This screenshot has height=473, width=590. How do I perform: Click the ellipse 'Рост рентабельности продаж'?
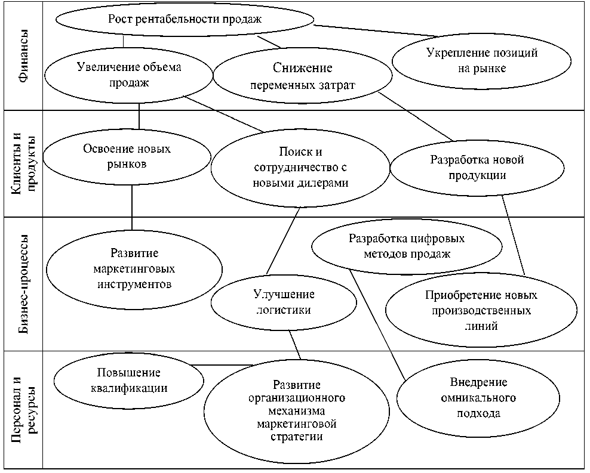(185, 19)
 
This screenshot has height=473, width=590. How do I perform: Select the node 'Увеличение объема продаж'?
(129, 75)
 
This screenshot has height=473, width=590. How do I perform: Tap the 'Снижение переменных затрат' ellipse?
(302, 76)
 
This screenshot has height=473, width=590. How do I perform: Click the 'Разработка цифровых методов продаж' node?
(406, 246)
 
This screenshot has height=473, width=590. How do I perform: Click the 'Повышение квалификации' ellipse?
(128, 380)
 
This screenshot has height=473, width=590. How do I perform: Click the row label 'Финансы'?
(23, 55)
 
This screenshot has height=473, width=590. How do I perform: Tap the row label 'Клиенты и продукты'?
(23, 163)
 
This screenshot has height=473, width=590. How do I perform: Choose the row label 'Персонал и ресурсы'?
(23, 409)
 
